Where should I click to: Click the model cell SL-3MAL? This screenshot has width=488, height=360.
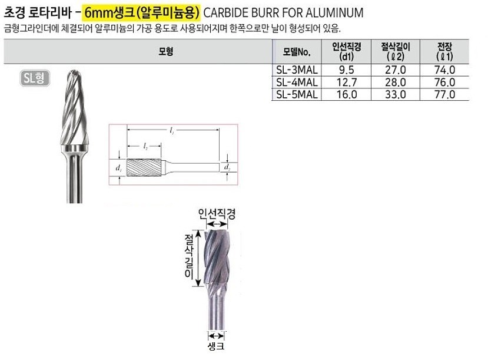[x=297, y=70]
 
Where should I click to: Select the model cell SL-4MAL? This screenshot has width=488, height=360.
[x=297, y=82]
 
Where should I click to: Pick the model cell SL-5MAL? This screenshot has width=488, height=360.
[x=297, y=94]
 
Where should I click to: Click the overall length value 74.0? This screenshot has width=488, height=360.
[x=444, y=70]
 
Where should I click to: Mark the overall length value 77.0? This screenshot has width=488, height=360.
[x=444, y=94]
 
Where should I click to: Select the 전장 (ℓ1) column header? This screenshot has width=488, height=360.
[x=444, y=51]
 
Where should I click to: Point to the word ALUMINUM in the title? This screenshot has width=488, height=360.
[x=330, y=12]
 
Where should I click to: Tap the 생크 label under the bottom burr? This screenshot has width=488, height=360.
[x=216, y=347]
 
